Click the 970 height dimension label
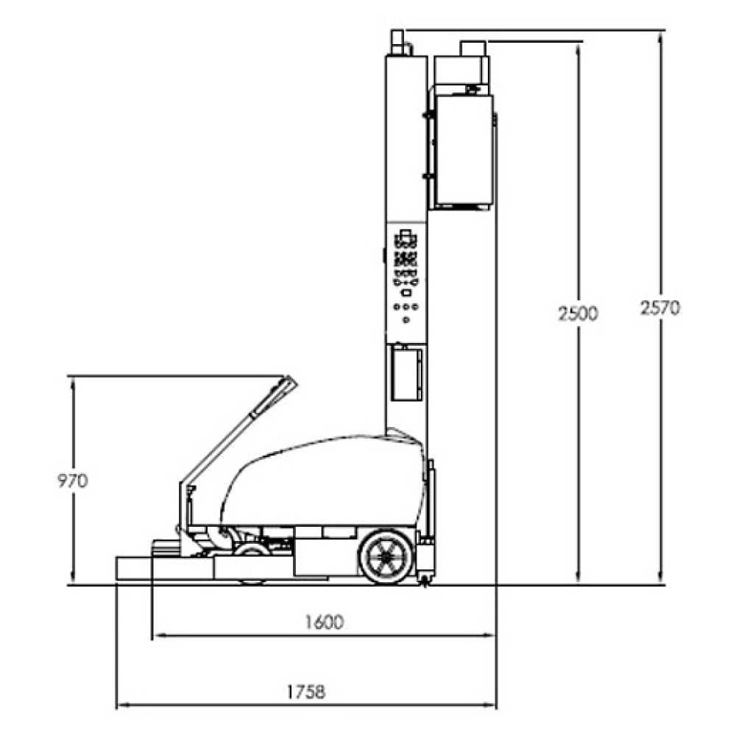click(x=72, y=481)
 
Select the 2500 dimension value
click(x=578, y=313)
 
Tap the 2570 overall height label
click(x=660, y=308)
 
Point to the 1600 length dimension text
click(x=325, y=622)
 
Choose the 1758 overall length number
click(x=306, y=692)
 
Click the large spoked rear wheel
click(x=386, y=556)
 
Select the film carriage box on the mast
click(x=464, y=150)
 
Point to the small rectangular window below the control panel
click(x=406, y=372)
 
